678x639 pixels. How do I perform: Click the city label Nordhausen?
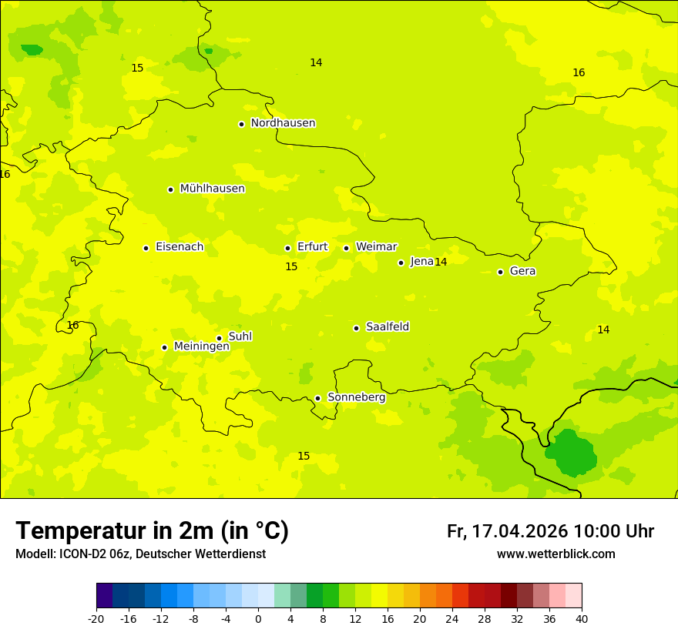(283, 123)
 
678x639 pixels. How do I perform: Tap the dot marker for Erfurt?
(287, 248)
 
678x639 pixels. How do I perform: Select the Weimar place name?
(376, 247)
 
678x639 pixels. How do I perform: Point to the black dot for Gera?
(500, 272)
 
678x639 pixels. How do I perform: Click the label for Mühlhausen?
(212, 189)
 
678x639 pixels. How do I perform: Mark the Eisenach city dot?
(146, 248)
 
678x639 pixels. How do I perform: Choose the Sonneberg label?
(356, 397)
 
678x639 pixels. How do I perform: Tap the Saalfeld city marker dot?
(356, 328)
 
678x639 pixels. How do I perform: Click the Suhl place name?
(240, 336)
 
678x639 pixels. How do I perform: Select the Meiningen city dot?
(164, 347)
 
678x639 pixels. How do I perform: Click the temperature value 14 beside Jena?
(441, 263)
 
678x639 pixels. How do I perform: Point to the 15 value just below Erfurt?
(291, 267)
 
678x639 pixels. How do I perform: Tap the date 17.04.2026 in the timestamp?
(519, 531)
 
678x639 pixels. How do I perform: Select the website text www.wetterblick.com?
(555, 554)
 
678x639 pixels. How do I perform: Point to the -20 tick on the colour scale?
(96, 618)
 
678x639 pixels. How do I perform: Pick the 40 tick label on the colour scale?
(582, 618)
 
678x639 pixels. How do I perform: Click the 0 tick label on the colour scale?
(258, 618)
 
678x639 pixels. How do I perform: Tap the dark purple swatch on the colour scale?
(104, 596)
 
